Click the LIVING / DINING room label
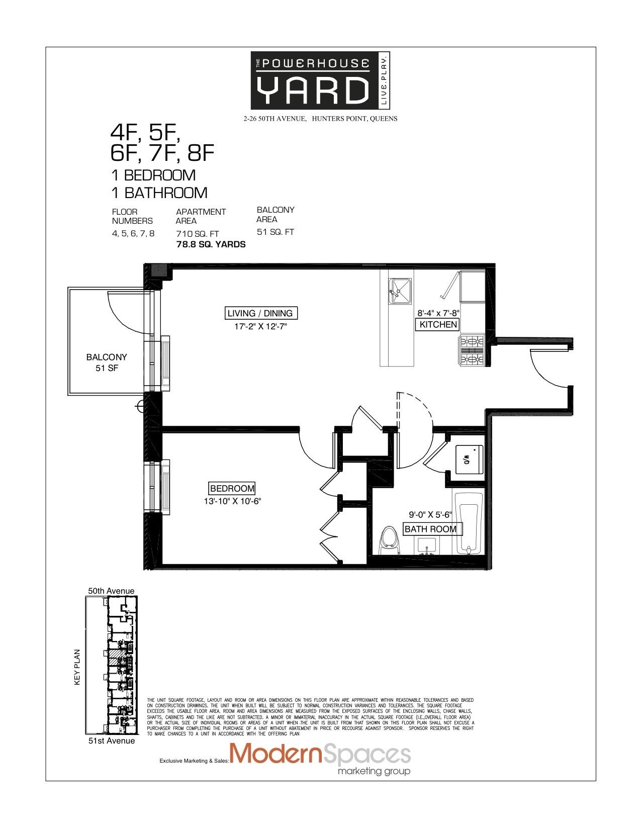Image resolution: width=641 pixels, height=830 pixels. [260, 313]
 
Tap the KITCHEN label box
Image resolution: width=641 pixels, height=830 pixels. [438, 324]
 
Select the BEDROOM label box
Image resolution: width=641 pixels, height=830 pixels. [232, 488]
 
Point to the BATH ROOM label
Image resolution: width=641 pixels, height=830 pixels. [430, 529]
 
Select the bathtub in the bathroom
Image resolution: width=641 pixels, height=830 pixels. [469, 523]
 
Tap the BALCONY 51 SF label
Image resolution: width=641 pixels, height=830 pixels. [107, 362]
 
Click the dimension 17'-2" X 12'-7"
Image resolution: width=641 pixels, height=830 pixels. [260, 326]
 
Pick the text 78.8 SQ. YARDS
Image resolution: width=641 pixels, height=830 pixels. [211, 244]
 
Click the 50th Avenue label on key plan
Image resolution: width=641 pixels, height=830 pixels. [111, 591]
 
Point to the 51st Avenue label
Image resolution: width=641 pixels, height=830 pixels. [111, 741]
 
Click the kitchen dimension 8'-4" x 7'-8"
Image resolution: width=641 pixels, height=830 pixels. [438, 312]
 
